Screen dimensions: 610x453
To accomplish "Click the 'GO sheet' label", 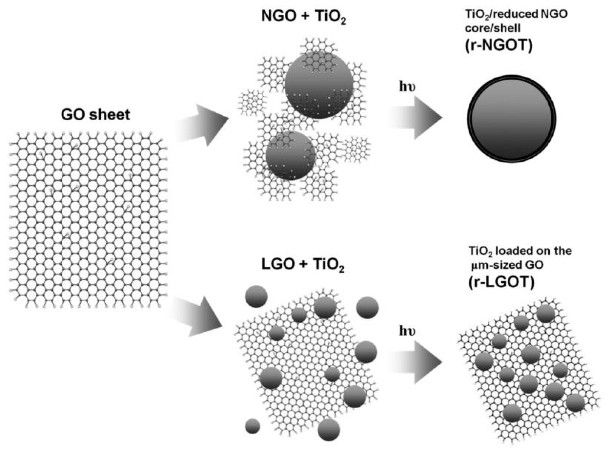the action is (96, 114).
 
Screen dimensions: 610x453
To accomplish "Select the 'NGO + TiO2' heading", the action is (303, 17).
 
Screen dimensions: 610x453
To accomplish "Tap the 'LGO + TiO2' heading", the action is (302, 265).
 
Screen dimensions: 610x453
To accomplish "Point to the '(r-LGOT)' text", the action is (502, 282).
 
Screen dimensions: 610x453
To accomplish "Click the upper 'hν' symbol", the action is (407, 87).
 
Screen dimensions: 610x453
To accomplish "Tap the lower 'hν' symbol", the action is (407, 331).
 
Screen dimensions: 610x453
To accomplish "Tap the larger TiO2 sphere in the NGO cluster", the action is (319, 85).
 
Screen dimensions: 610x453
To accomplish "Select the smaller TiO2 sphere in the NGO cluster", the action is (290, 155).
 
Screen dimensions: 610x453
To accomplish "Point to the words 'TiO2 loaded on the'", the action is (520, 251).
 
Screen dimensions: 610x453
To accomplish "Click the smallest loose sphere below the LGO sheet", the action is (252, 426).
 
